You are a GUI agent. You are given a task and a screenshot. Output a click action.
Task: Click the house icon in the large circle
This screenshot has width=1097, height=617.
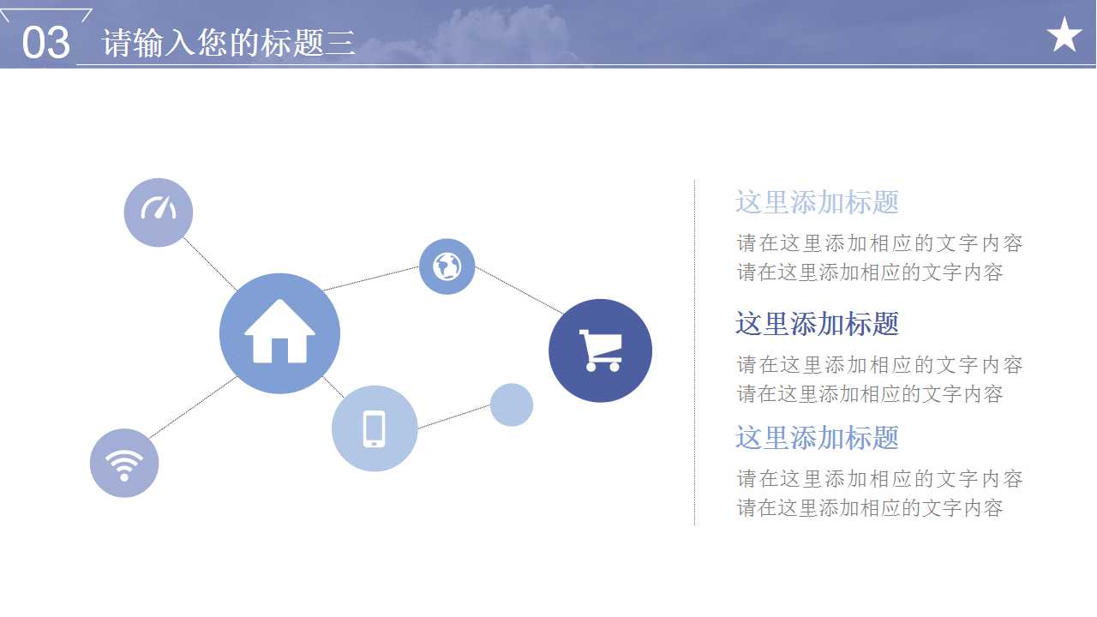279,332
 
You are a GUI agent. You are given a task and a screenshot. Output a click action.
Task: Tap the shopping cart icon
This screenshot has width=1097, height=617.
600,350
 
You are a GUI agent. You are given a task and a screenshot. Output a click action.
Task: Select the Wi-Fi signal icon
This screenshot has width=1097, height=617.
124,464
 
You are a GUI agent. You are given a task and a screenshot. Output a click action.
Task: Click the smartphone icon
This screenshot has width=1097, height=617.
375,428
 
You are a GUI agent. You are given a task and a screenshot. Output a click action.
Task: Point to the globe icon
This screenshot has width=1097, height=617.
447,267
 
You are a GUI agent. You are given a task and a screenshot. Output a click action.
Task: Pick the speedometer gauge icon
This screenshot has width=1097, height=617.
159,210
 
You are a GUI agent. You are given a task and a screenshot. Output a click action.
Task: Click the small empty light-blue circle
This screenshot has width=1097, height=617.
512,404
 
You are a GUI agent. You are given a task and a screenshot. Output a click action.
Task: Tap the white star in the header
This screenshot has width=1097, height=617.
1064,35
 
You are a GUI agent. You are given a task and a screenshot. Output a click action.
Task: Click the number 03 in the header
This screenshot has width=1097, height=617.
45,42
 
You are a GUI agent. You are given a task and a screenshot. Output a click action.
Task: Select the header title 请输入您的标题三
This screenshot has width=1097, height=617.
229,43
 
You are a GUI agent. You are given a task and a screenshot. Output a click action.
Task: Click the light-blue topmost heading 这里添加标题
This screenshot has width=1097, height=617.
817,202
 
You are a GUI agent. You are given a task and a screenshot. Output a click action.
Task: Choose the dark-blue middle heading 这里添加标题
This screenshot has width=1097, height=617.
817,324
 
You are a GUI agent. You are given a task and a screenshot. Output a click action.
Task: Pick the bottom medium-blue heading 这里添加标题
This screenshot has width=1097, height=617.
817,438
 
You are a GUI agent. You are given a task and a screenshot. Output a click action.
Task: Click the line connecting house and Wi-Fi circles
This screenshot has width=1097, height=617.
194,406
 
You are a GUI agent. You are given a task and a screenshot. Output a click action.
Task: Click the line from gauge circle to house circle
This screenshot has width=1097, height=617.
209,262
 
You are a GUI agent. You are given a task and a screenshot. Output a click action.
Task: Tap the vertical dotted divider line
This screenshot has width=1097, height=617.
694,351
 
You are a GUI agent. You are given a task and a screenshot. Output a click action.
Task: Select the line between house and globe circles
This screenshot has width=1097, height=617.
370,278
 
